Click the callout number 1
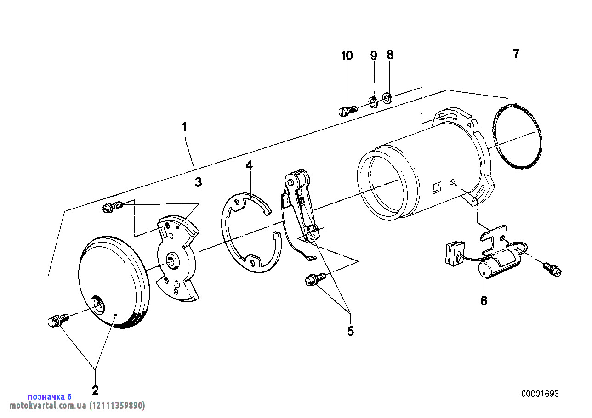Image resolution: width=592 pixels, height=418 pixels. (x=184, y=126)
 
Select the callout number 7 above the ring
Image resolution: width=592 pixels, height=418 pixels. (x=516, y=54)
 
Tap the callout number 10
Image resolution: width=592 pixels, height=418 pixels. (x=347, y=56)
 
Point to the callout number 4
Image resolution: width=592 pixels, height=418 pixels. (x=249, y=165)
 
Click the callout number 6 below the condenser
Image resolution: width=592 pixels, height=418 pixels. (x=484, y=301)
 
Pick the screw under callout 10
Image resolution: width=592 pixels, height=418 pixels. (x=347, y=111)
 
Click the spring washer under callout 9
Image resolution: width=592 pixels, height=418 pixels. (x=373, y=101)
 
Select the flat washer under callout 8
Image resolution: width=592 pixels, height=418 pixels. (x=387, y=97)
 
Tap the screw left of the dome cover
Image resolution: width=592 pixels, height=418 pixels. (x=57, y=320)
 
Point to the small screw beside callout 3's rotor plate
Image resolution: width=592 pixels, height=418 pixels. (x=112, y=207)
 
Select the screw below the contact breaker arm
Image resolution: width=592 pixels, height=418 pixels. (x=316, y=279)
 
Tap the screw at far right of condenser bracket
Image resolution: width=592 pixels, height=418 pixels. (x=552, y=269)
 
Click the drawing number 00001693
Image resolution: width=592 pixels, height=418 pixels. (x=540, y=394)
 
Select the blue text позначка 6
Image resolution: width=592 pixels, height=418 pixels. (x=50, y=396)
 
